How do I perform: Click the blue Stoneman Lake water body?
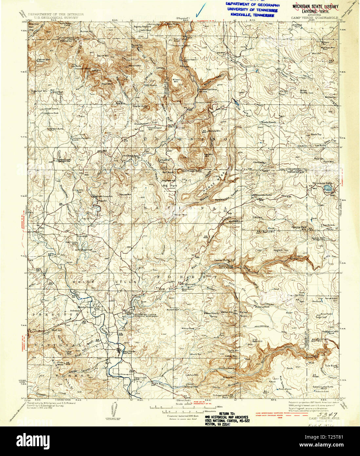(x=327, y=188)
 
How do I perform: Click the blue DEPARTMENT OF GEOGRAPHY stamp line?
(x=252, y=5)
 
